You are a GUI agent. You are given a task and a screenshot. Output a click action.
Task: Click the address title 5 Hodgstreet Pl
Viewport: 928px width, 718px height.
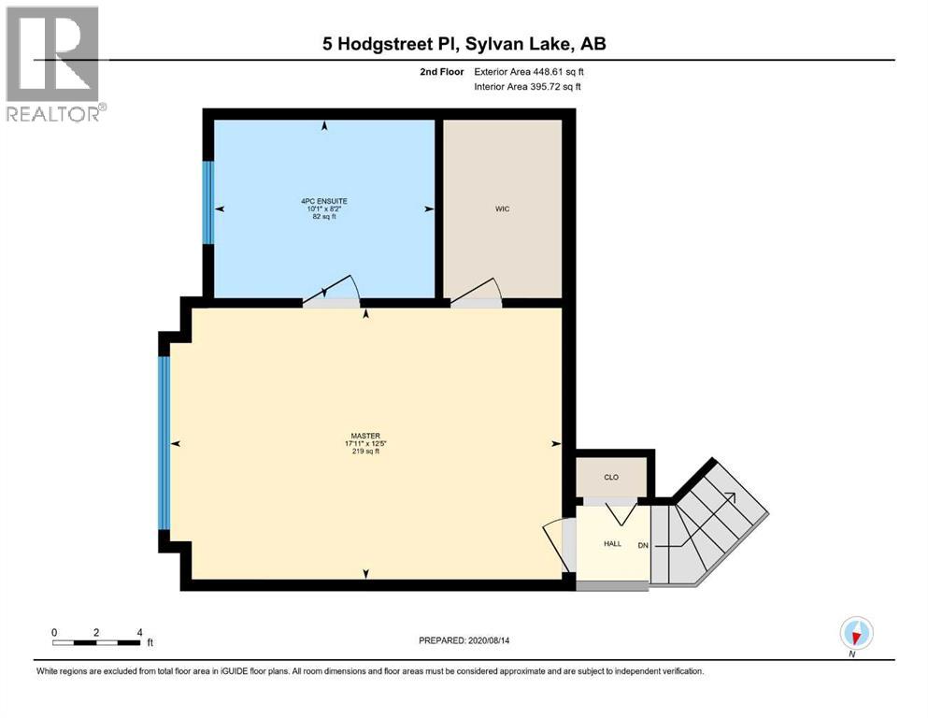tap(464, 44)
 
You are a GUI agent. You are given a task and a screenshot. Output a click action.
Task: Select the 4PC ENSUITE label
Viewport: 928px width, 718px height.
tap(324, 200)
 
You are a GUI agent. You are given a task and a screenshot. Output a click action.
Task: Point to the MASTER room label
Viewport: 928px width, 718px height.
tap(364, 435)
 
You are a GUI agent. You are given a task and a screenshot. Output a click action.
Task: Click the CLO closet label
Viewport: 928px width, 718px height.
tap(611, 478)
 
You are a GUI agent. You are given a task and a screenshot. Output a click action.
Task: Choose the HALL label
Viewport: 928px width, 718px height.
tap(612, 543)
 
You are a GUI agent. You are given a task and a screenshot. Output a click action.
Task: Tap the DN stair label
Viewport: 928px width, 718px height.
tap(643, 545)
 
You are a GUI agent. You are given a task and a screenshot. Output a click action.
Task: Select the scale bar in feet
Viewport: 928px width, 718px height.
tap(97, 642)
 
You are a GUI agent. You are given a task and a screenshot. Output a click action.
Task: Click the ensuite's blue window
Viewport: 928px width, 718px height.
tap(208, 203)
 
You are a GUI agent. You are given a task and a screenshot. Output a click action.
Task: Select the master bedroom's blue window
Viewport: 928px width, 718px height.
tap(164, 442)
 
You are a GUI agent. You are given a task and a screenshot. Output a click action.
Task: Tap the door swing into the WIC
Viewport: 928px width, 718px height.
tap(478, 293)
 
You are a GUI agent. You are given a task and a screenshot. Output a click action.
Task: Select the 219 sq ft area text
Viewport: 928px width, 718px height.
tap(364, 452)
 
